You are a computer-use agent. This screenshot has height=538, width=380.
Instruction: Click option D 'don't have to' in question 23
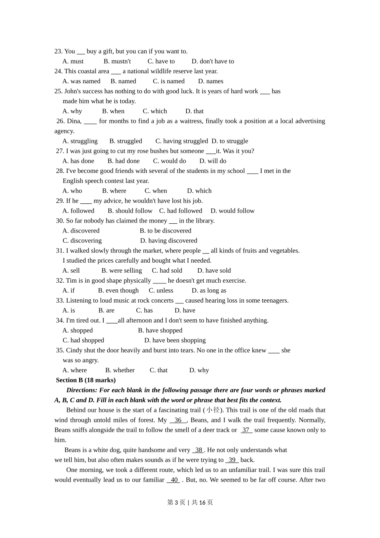212,61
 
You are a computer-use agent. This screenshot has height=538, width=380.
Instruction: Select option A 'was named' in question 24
81,81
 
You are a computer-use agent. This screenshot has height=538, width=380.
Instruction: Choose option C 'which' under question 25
155,111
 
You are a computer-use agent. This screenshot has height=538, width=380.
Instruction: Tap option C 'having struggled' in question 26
182,141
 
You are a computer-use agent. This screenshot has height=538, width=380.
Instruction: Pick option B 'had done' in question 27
124,161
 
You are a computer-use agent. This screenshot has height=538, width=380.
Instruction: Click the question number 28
60,171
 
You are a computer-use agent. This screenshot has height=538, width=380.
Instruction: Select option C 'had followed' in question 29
180,211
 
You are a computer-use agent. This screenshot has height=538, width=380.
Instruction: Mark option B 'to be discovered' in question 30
165,231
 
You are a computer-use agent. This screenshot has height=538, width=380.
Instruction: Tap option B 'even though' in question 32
118,291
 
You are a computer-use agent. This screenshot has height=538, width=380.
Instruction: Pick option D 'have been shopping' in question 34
175,340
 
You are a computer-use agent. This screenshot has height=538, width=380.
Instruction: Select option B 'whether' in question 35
120,370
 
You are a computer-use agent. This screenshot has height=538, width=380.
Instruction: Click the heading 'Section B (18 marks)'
86,380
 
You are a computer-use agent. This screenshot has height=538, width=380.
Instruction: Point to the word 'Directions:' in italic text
82,390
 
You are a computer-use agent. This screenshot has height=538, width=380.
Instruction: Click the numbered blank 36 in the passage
178,420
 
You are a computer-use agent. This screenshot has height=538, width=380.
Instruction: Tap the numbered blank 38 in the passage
198,450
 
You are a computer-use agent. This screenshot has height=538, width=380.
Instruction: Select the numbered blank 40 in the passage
174,480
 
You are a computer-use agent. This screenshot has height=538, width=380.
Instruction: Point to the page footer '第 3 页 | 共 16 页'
190,502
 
